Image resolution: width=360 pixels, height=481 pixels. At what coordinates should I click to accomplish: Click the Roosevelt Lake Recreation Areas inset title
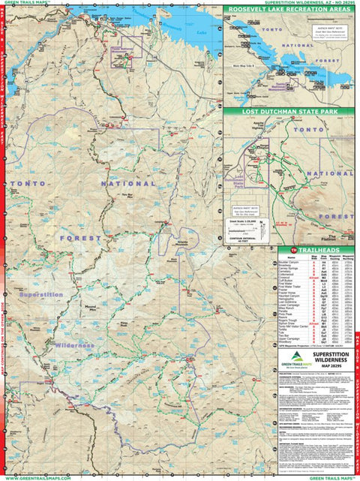(291, 11)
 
